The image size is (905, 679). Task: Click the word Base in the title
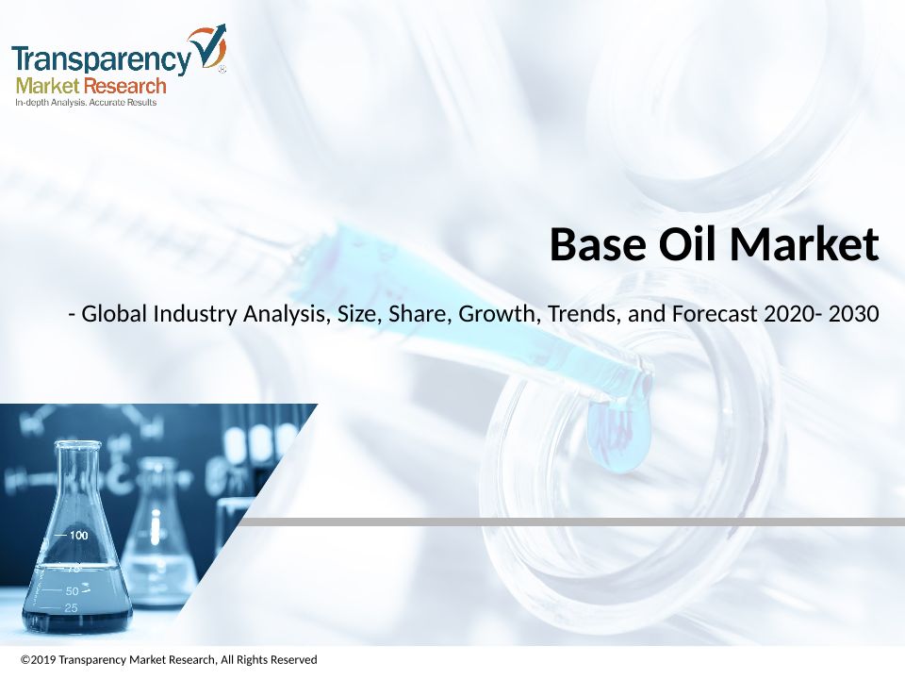[x=598, y=244]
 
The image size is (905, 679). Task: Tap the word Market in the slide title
[x=804, y=243]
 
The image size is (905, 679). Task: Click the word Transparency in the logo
[x=101, y=59]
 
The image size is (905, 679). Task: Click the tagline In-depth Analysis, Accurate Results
[x=86, y=102]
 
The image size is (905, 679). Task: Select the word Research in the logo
[x=124, y=86]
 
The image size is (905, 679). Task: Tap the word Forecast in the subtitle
[x=715, y=313]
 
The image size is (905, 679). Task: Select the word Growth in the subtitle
[x=500, y=313]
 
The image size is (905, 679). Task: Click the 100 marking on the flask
[x=78, y=536]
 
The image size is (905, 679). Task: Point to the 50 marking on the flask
[x=73, y=591]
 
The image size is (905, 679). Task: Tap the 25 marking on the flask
[x=71, y=608]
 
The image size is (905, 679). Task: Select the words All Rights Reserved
[x=269, y=659]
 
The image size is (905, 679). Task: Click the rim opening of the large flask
[x=77, y=445]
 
